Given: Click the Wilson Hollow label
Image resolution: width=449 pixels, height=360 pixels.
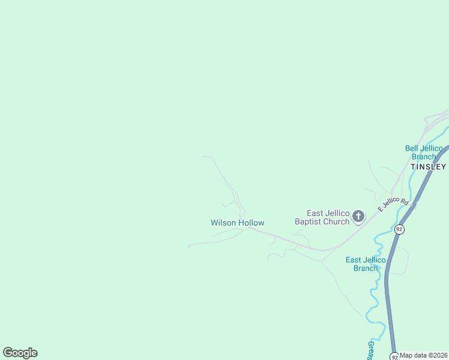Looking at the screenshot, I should [x=237, y=223].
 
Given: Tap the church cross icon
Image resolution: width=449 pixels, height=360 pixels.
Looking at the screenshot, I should [x=358, y=216].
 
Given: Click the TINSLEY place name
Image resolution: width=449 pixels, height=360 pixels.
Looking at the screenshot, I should [x=428, y=166].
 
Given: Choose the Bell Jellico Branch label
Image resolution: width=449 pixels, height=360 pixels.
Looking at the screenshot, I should [x=424, y=152].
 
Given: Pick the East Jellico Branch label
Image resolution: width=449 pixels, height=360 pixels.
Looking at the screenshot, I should [x=366, y=264].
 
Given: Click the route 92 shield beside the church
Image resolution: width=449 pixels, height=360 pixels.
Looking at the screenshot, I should [x=399, y=229].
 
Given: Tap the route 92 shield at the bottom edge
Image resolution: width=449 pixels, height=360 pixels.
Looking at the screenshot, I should [x=394, y=356].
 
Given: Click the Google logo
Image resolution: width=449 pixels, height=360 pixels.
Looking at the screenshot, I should [x=20, y=353].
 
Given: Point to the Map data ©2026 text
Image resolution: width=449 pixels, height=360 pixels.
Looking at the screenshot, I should [x=424, y=355].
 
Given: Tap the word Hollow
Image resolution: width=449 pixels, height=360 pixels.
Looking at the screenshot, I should [x=251, y=223].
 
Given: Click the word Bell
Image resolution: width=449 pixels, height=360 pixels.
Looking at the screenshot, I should [x=412, y=148].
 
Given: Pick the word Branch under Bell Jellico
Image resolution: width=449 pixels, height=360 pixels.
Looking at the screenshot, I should [x=424, y=157].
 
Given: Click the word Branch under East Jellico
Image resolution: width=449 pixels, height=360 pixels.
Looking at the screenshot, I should [x=366, y=268].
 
